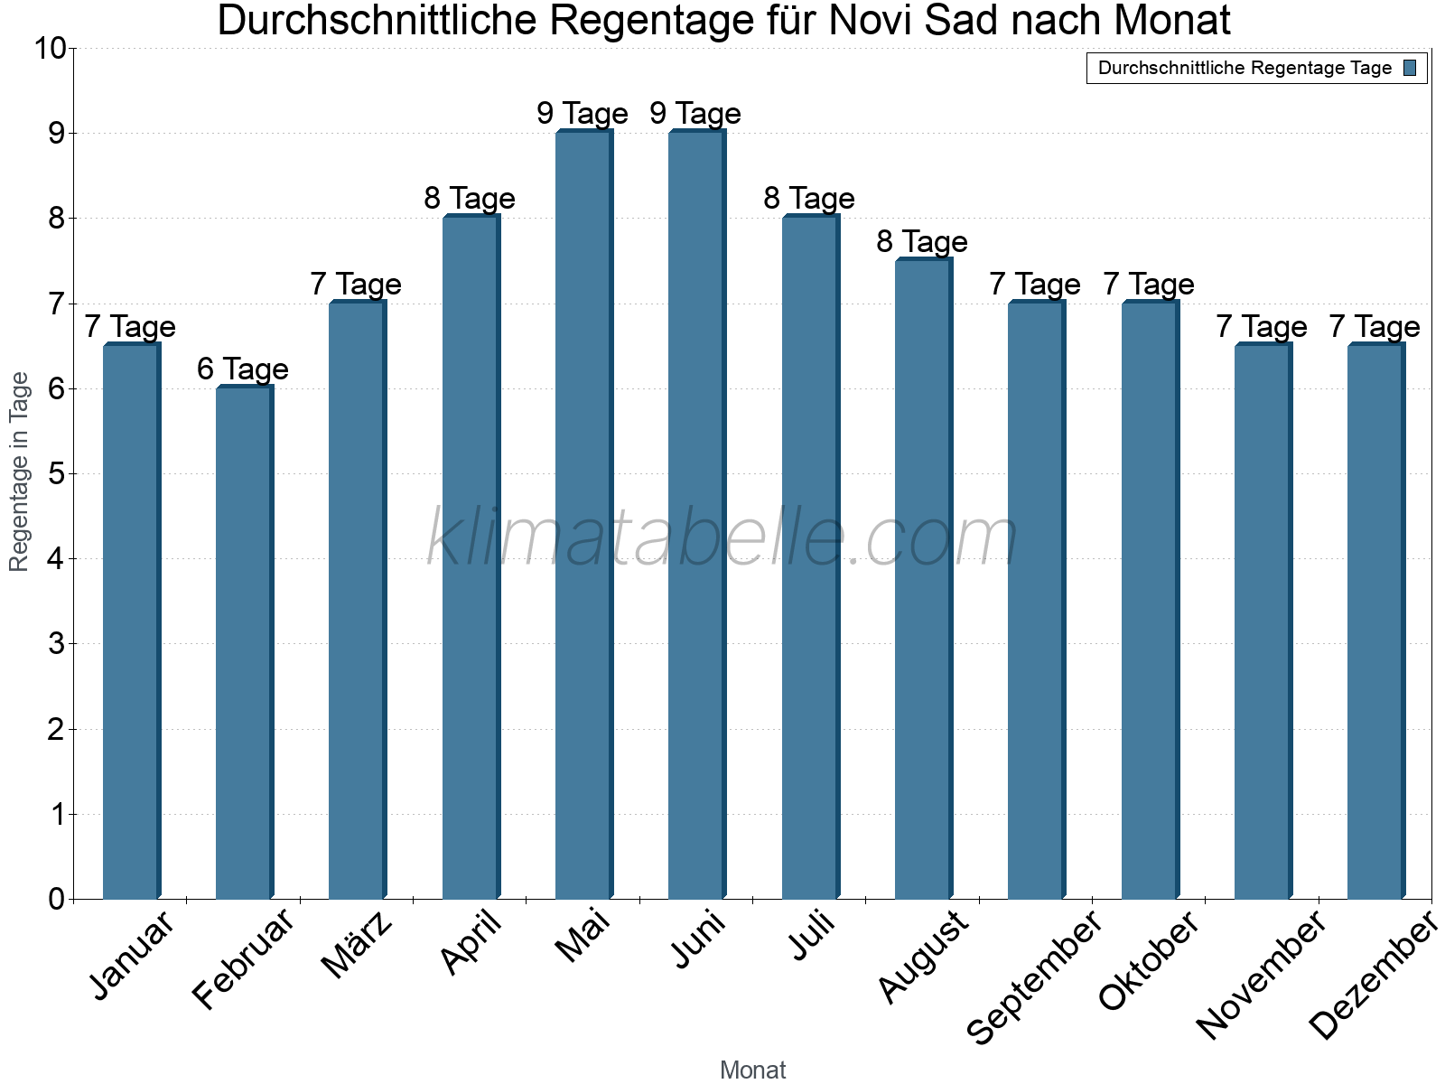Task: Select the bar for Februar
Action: tap(244, 642)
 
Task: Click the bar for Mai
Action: tap(583, 515)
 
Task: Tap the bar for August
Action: tap(923, 579)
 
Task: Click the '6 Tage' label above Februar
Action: tap(243, 369)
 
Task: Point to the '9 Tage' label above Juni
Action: tap(695, 113)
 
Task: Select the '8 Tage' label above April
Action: tap(470, 198)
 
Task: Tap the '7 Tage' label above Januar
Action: tap(130, 326)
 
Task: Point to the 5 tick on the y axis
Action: tap(57, 473)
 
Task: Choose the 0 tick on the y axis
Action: tap(57, 899)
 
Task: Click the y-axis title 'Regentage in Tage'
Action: tap(20, 472)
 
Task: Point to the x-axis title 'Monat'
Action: tap(752, 1070)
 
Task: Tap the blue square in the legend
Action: tap(1411, 68)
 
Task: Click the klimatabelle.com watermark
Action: tap(722, 537)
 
